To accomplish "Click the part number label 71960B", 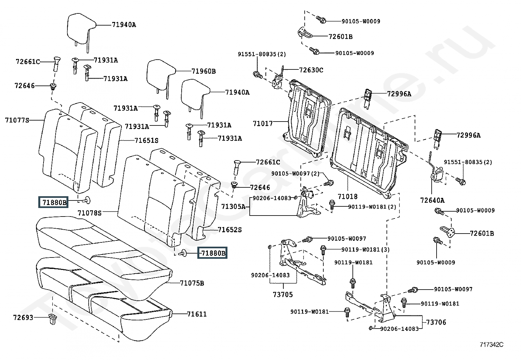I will [204, 71].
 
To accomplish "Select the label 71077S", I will [17, 120].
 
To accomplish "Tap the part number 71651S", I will [146, 141].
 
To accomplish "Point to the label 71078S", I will [90, 213].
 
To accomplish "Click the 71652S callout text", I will [230, 230].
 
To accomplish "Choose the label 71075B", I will [192, 283].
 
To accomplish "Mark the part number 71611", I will [197, 314].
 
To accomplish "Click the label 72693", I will [23, 317].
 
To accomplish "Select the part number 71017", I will [262, 123].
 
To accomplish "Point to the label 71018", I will [348, 197].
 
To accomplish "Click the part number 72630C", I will [311, 70].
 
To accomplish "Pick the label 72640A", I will [432, 200].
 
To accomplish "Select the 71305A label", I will [233, 206].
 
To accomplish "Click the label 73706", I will [436, 322].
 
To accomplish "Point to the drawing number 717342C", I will [492, 344].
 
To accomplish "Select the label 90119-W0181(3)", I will [366, 250].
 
